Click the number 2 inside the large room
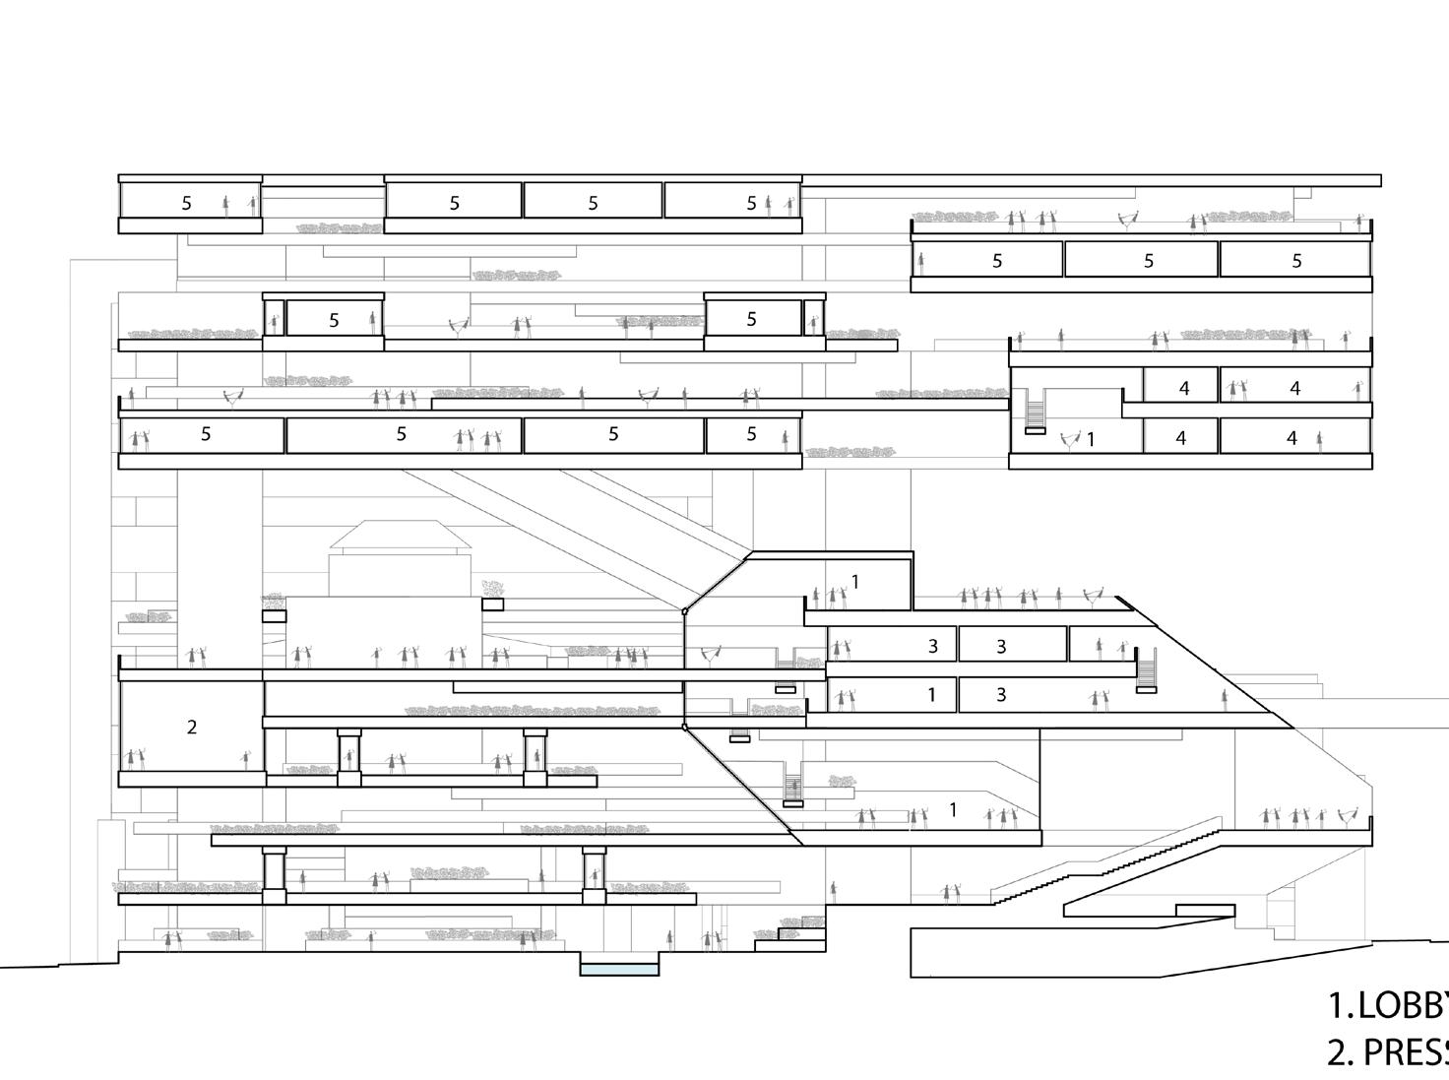point(192,728)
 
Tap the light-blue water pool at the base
point(619,970)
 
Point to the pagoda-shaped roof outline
point(401,537)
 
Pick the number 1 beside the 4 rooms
point(1091,439)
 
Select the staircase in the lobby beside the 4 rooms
point(1035,411)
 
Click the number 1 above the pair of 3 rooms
point(855,582)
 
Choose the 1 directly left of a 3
point(931,694)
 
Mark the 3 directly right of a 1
point(1001,694)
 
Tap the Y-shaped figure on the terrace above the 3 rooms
point(1092,597)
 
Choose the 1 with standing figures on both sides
point(952,810)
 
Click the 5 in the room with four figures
point(401,433)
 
